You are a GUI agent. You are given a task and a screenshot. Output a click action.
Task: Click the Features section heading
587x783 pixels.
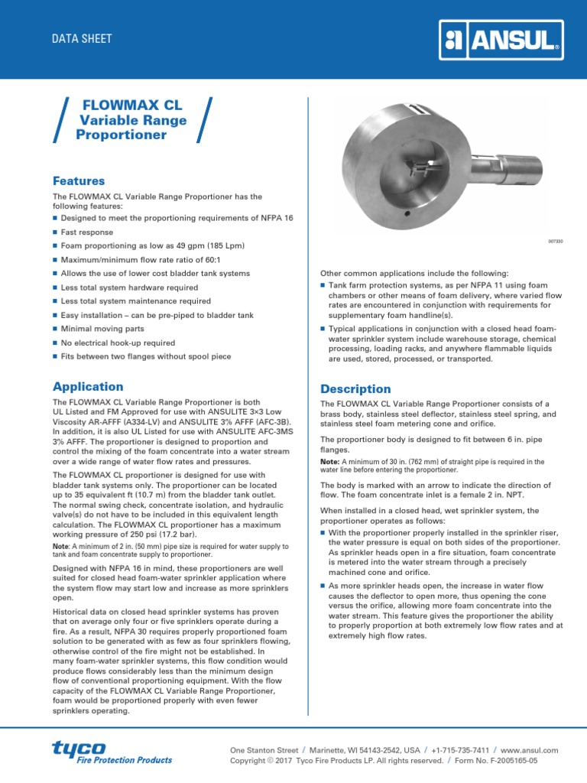coord(79,181)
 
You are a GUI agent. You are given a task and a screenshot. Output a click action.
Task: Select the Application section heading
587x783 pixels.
coord(88,386)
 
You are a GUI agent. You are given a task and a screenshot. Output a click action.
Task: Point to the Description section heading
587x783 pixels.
coord(355,388)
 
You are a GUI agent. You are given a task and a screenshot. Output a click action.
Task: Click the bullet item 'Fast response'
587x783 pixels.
coord(86,232)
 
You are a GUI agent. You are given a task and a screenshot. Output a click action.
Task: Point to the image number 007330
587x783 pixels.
coord(555,241)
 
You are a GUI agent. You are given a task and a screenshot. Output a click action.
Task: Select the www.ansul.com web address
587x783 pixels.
coord(531,750)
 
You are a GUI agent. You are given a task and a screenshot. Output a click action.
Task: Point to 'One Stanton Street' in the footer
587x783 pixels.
coord(264,750)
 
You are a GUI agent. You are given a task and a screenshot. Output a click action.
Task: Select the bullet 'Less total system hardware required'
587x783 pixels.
coord(131,288)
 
